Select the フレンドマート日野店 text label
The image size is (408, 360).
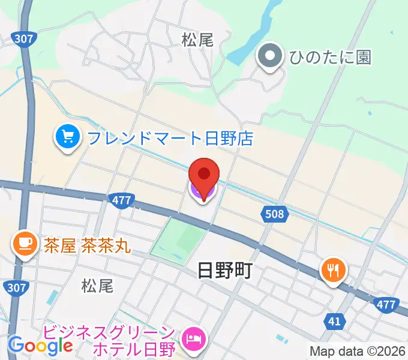(x=170, y=139)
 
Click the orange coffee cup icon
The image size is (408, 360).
(x=25, y=244)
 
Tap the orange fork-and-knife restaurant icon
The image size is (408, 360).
(x=334, y=269)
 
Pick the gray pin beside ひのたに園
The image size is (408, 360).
(x=269, y=57)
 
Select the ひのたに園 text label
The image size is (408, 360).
(x=330, y=57)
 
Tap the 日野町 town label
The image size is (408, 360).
(x=224, y=271)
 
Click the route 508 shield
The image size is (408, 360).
(x=275, y=213)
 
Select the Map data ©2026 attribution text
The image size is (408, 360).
(x=358, y=350)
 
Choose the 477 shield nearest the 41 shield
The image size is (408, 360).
(x=386, y=305)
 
